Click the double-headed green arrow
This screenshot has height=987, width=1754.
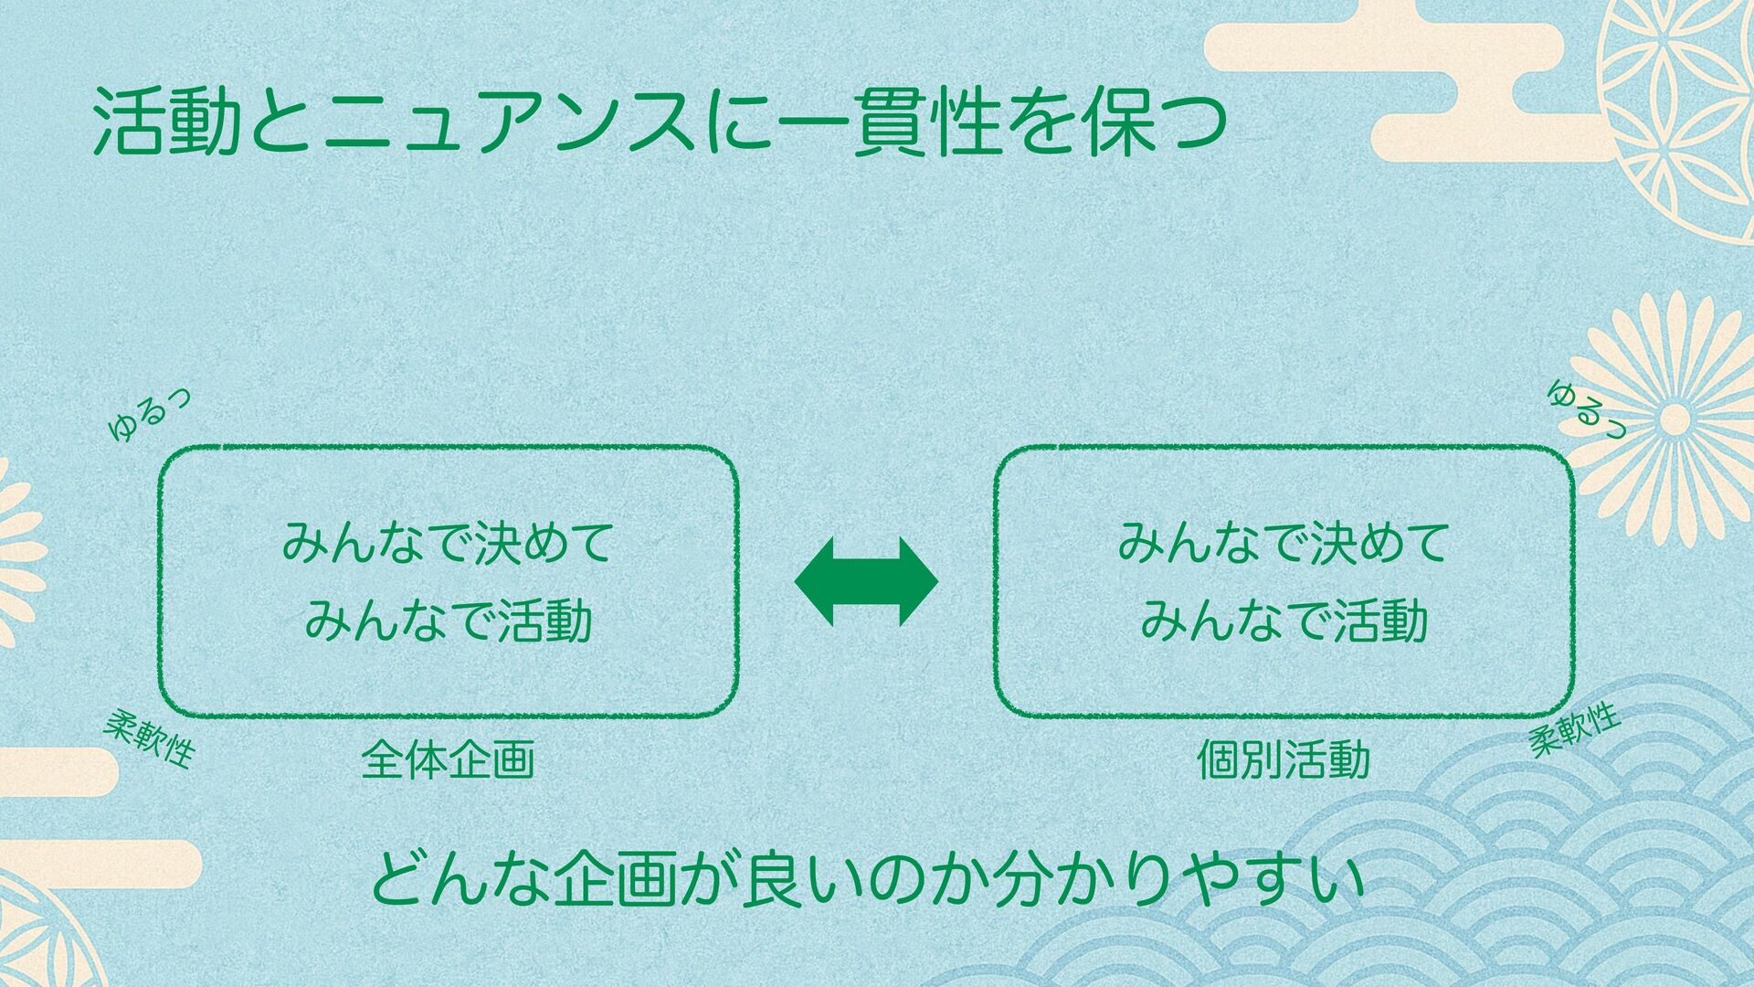click(866, 581)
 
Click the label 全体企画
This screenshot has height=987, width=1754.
click(448, 760)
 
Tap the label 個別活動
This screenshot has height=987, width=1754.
click(1283, 760)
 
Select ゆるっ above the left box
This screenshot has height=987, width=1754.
click(149, 416)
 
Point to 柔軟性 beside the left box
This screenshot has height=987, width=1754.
click(149, 738)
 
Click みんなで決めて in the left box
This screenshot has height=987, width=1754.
click(448, 543)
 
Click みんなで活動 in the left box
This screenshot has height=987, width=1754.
click(448, 621)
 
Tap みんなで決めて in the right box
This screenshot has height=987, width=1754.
click(1284, 543)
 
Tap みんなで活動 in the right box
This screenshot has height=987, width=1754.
click(1284, 621)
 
